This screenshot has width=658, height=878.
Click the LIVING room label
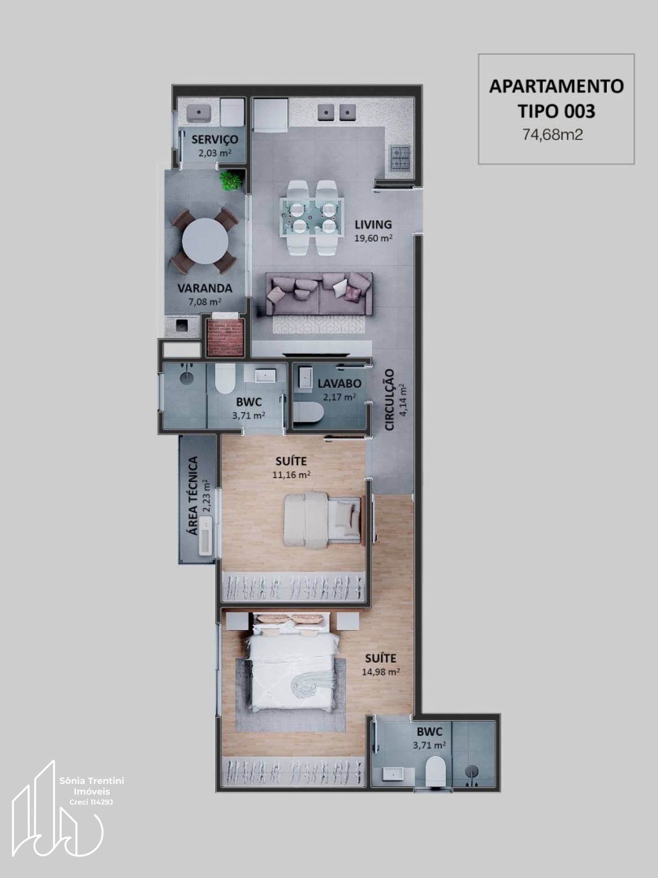(373, 225)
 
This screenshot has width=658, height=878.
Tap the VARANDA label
(205, 289)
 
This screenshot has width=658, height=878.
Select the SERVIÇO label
(215, 139)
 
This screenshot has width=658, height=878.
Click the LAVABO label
(340, 384)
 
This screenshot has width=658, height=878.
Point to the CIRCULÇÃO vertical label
(389, 400)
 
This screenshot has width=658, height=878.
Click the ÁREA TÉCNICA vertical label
(193, 496)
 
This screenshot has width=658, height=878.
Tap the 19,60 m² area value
(373, 238)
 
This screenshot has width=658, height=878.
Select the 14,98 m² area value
(381, 672)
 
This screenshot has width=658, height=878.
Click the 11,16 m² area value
(291, 475)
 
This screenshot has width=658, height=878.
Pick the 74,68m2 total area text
(553, 135)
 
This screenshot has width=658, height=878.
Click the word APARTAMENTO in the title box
(557, 86)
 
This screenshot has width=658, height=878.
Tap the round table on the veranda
(205, 241)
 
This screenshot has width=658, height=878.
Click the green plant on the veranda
(231, 180)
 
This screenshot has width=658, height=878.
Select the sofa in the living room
(319, 294)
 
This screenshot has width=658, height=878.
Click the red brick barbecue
(225, 337)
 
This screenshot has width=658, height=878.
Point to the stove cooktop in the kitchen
(400, 158)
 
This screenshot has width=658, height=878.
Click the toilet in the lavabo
(308, 412)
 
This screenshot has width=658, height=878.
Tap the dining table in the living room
(312, 216)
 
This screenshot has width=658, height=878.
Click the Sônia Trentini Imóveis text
(92, 786)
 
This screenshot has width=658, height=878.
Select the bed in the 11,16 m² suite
(323, 520)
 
